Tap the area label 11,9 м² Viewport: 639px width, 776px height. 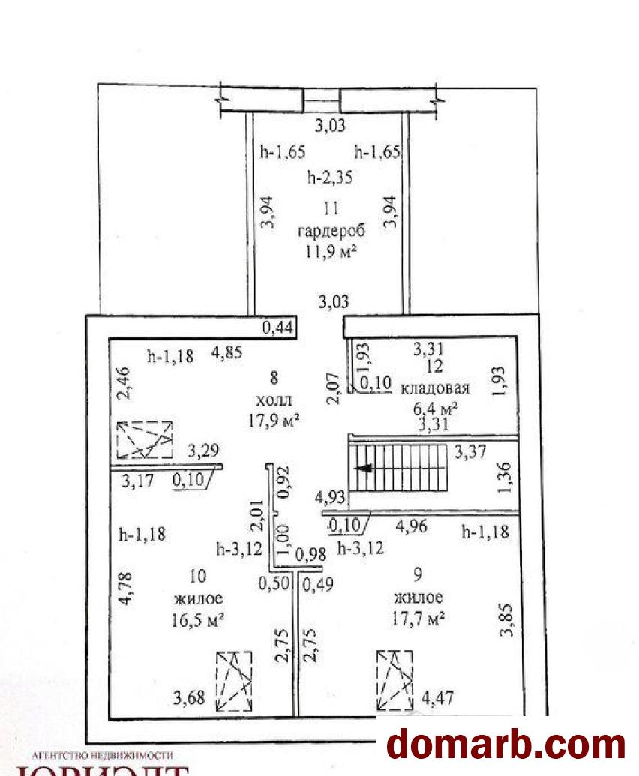pos(328,252)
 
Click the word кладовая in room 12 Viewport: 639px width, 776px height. pos(435,388)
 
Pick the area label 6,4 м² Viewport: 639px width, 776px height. pos(433,409)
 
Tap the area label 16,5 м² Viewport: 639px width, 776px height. pos(199,620)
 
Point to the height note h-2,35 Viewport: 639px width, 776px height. pos(330,178)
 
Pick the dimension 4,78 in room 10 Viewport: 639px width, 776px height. pos(126,589)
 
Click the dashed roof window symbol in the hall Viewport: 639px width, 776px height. pos(145,439)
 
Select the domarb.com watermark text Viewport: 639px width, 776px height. pos(505,745)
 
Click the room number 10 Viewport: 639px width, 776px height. pos(199,576)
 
